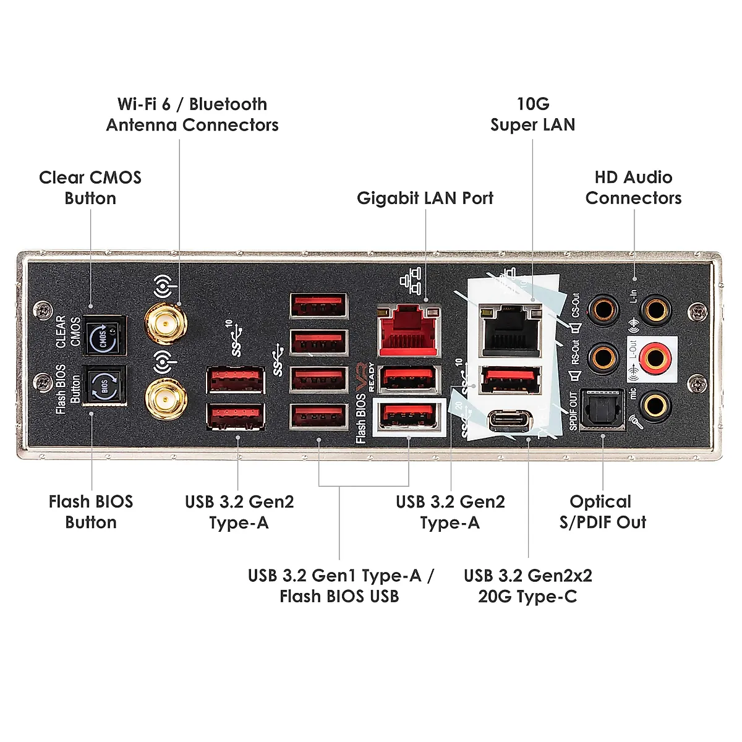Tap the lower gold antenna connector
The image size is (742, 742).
point(166,400)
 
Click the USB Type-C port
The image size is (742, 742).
point(510,421)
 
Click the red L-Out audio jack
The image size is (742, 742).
point(655,357)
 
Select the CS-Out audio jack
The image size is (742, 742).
point(602,307)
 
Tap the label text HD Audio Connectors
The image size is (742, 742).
point(633,188)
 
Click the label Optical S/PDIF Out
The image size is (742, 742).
point(602,512)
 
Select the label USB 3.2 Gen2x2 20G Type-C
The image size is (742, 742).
point(527,586)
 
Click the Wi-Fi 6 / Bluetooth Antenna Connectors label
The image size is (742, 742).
point(192,115)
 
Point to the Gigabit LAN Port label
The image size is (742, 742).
point(425,198)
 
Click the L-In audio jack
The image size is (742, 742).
point(655,307)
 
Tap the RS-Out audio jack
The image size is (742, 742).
point(602,357)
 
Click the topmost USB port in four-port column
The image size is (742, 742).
point(318,305)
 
